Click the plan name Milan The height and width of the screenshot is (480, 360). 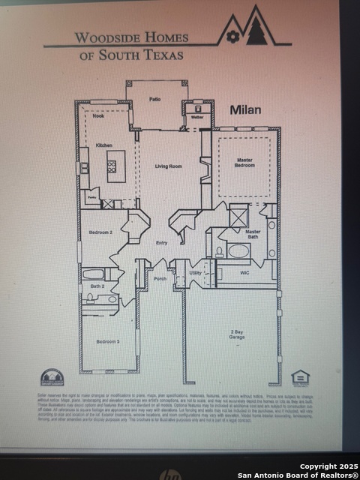[245, 110]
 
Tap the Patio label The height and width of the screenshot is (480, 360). [155, 99]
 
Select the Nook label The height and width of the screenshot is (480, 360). [98, 117]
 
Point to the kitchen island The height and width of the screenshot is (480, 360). [115, 166]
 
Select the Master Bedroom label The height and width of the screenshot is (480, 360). [244, 162]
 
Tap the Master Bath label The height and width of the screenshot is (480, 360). [253, 235]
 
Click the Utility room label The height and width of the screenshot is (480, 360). [196, 274]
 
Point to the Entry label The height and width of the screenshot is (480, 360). [161, 242]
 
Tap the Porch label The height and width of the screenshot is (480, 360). [160, 279]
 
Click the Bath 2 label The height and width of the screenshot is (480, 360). [97, 286]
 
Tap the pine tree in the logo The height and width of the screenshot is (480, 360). [256, 31]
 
